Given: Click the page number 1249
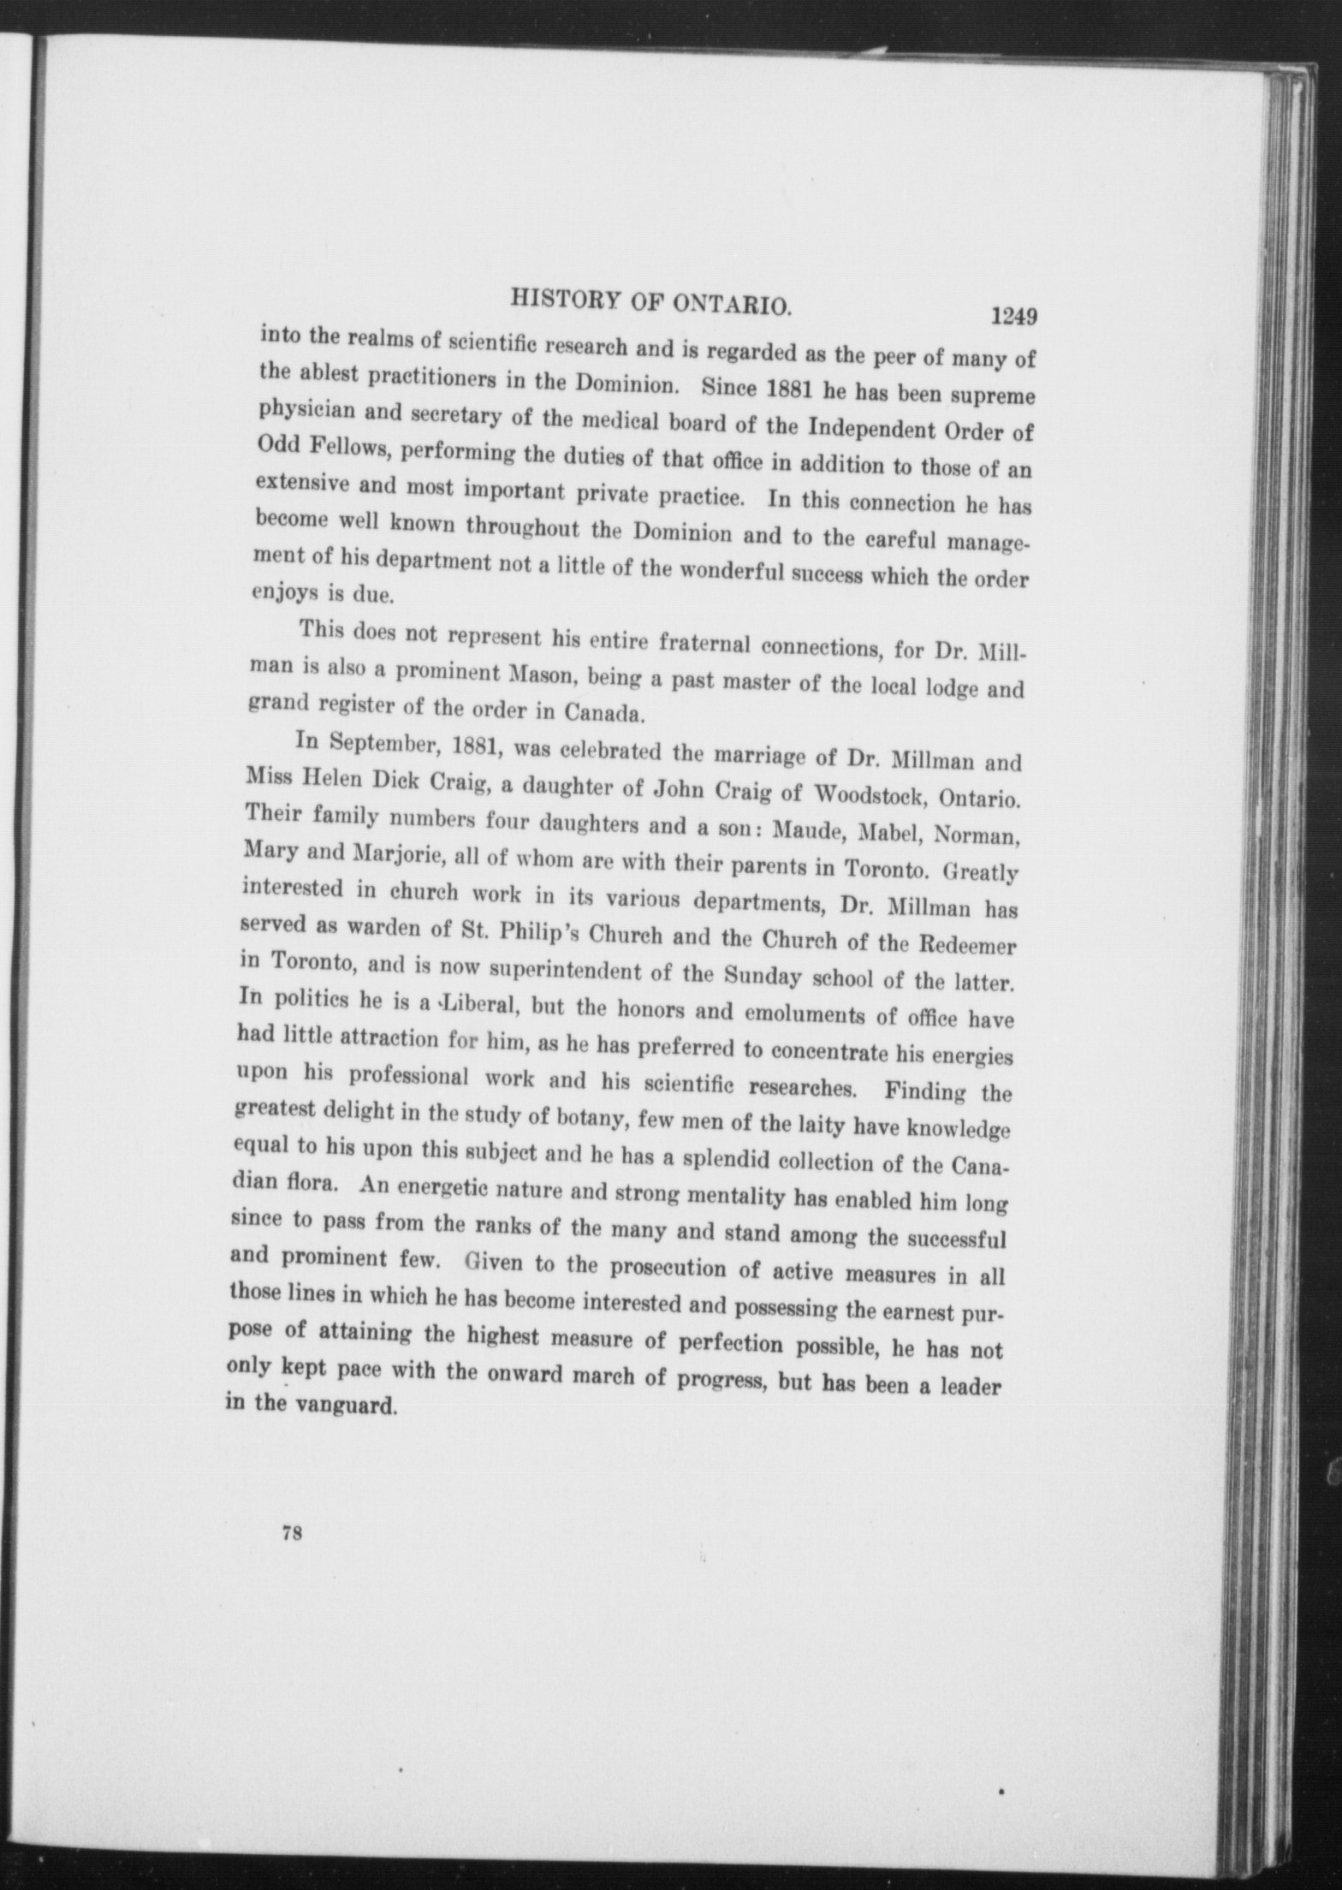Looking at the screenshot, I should (1014, 316).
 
